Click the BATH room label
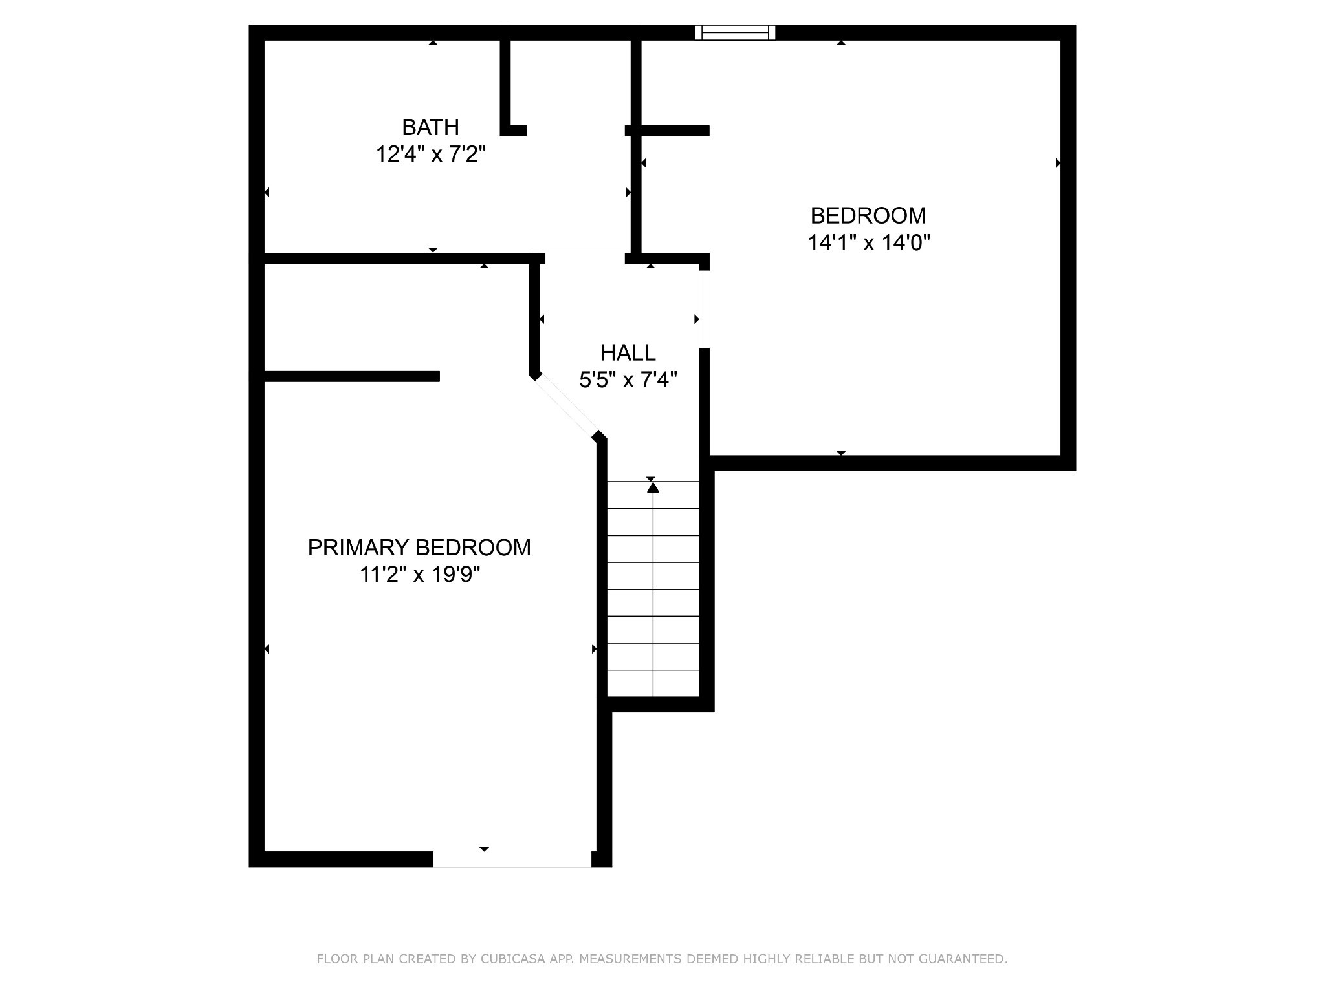[x=430, y=127]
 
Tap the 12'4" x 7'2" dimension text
[x=431, y=155]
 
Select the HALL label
[x=628, y=352]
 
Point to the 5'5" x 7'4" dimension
[x=628, y=379]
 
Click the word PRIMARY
[x=358, y=548]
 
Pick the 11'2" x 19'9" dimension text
[x=420, y=574]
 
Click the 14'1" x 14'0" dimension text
[x=869, y=242]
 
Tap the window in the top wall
[x=735, y=32]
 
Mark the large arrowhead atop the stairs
[x=653, y=487]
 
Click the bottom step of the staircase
[x=653, y=684]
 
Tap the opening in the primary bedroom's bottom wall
[x=512, y=859]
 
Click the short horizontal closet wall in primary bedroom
[x=352, y=376]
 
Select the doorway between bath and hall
[x=585, y=259]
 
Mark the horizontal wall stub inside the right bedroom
[x=667, y=131]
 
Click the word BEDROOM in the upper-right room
[x=868, y=215]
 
